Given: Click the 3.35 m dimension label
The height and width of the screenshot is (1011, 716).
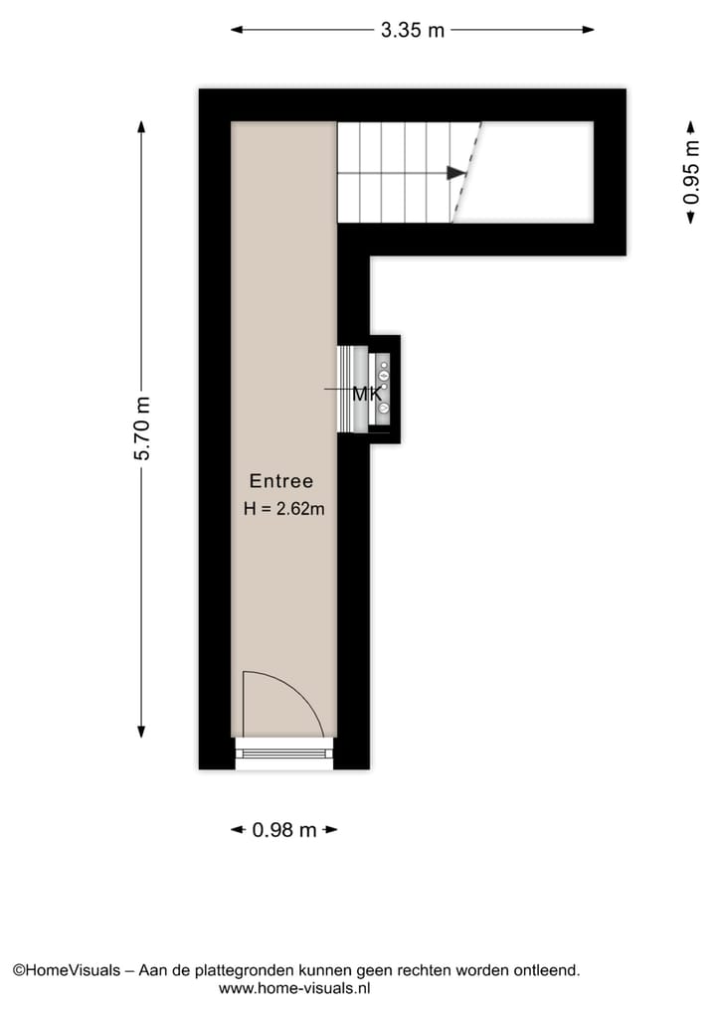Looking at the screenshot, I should pos(413,30).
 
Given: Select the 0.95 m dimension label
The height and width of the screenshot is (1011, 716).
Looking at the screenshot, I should pos(690,173).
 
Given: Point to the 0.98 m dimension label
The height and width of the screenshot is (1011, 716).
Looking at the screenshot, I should pos(285,829).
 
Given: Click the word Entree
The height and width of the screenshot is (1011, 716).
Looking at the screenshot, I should pos(280,481).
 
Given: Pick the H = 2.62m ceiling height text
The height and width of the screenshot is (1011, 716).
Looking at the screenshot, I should pos(284,509).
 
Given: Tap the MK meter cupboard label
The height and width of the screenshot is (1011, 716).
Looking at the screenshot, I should pos(367,395).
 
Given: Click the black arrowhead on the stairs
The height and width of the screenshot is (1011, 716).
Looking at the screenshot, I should pos(455,173).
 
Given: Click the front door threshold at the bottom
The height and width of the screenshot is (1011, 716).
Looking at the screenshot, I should pos(284,754).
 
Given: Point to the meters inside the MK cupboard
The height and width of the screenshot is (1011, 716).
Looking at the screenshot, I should pos(384,390).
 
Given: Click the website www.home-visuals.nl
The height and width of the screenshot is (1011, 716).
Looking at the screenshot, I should pos(294,988).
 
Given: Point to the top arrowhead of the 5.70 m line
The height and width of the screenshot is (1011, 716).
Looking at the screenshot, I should pos(142,126).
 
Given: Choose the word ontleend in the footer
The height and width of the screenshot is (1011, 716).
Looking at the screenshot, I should pos(547,969).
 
